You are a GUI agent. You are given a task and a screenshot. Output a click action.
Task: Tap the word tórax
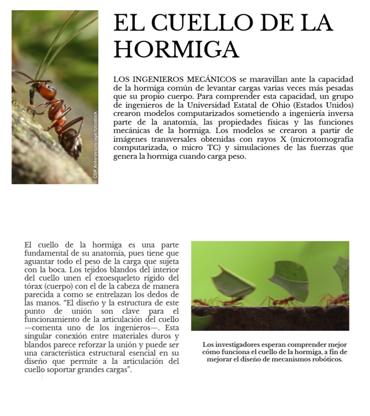pos(34,286)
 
